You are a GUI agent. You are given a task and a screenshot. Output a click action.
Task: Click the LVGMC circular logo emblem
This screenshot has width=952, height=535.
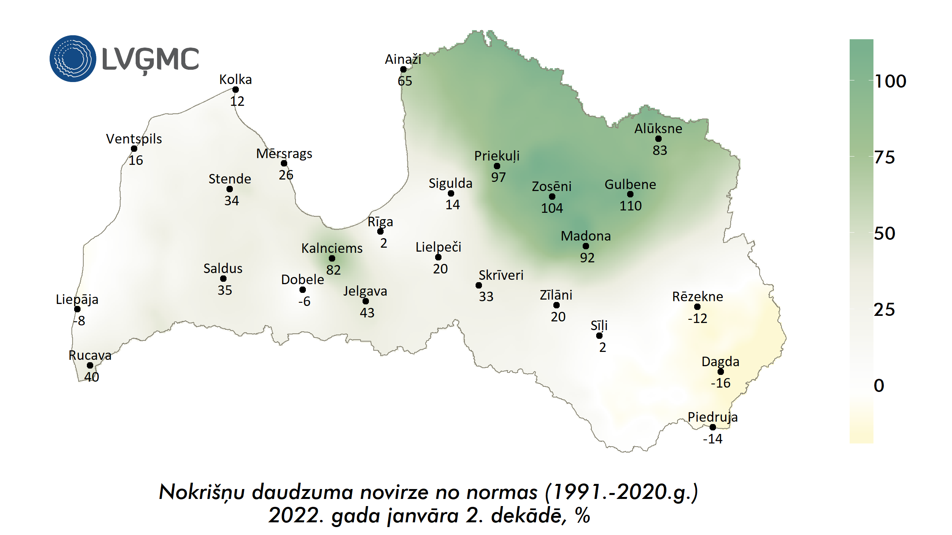point(73,59)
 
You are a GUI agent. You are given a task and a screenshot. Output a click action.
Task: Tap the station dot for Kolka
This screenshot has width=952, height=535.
point(236,90)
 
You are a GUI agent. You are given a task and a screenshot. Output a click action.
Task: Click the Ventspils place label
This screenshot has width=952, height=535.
point(134,139)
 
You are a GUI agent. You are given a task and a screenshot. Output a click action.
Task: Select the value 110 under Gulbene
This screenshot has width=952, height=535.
point(630,206)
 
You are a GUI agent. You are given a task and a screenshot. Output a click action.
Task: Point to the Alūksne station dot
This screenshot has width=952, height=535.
point(658,139)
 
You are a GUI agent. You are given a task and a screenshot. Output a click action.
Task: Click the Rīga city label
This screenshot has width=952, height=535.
point(380,222)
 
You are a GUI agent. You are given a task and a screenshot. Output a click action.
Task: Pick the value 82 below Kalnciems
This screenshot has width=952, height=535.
point(333,270)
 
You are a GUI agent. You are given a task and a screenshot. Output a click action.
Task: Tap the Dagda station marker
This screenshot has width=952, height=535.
point(721,372)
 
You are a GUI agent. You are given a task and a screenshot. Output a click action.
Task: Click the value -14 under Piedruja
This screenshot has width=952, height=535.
point(712,439)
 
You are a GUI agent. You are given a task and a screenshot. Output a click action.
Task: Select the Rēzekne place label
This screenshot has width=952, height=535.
point(697,296)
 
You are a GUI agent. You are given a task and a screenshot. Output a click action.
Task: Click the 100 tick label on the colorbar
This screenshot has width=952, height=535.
point(891,81)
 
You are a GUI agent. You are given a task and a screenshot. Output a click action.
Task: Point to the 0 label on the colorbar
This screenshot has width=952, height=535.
point(879,386)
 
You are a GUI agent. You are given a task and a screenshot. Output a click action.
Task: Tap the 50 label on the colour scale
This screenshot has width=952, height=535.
point(885,233)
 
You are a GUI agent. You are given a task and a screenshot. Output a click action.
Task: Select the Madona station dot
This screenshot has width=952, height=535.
point(586,246)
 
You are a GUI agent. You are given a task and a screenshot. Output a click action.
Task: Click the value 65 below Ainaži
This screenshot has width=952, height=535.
point(405,81)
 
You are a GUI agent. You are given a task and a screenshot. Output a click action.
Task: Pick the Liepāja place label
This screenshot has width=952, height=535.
point(77,299)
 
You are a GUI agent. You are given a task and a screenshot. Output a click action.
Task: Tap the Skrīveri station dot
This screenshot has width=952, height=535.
point(479,285)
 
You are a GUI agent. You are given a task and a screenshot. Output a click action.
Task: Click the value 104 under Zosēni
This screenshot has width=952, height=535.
point(552,208)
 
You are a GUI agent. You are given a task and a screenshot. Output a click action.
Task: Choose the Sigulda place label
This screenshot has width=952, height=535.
point(451,183)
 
